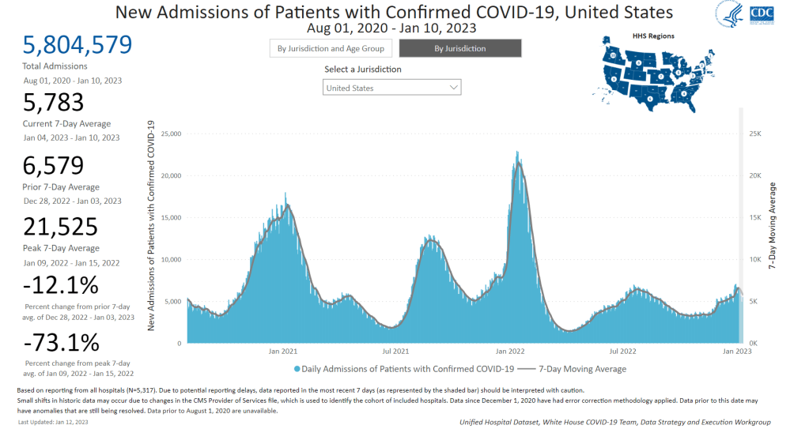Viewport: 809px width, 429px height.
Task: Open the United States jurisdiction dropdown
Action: [392, 88]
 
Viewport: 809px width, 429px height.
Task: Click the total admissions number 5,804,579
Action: [77, 45]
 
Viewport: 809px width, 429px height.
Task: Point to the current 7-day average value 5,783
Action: [54, 103]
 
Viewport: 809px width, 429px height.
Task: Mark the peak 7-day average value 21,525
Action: [61, 227]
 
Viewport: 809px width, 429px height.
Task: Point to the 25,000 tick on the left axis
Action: [170, 134]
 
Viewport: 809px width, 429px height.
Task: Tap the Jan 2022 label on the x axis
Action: [511, 350]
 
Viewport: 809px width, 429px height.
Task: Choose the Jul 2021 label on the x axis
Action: [395, 350]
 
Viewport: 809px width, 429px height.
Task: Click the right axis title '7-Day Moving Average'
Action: [773, 227]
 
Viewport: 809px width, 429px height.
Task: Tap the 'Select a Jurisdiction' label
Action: [362, 70]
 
